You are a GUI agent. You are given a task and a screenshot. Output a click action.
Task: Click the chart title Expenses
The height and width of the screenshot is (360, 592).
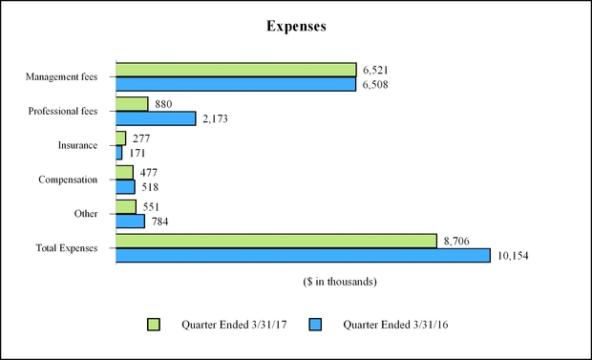(x=296, y=27)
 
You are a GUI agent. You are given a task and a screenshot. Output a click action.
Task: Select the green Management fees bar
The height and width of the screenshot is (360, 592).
(x=235, y=70)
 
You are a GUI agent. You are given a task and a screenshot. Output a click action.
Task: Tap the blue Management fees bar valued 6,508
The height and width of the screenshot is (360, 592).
(x=235, y=84)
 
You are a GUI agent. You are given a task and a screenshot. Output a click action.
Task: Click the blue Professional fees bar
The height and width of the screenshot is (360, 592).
(x=155, y=118)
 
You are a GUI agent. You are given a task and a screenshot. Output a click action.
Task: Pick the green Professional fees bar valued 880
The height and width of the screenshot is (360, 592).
(x=131, y=104)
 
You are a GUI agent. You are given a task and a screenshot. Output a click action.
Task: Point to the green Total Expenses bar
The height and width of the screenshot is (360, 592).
(x=275, y=242)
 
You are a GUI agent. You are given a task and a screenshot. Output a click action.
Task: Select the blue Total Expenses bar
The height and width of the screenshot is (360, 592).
(x=302, y=256)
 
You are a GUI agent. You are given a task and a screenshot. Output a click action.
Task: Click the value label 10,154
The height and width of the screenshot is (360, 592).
(x=513, y=256)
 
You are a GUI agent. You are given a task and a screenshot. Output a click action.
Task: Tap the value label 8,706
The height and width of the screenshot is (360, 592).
(x=458, y=242)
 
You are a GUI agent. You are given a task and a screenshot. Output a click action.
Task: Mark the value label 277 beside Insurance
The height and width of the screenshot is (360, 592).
(x=141, y=138)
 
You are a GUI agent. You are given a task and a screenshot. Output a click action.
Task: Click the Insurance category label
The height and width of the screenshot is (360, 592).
(x=78, y=145)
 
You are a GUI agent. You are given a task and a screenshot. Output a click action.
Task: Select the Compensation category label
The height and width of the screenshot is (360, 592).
(x=69, y=180)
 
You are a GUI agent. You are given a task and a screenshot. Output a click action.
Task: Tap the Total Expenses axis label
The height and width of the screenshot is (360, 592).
(x=66, y=248)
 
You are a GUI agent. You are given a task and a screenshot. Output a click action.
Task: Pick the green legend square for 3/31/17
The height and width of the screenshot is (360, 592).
(x=154, y=325)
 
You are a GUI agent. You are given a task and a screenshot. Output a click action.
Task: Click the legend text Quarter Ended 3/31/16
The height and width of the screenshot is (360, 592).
(x=395, y=325)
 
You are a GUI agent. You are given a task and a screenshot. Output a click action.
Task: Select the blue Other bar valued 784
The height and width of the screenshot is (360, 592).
(x=130, y=222)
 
